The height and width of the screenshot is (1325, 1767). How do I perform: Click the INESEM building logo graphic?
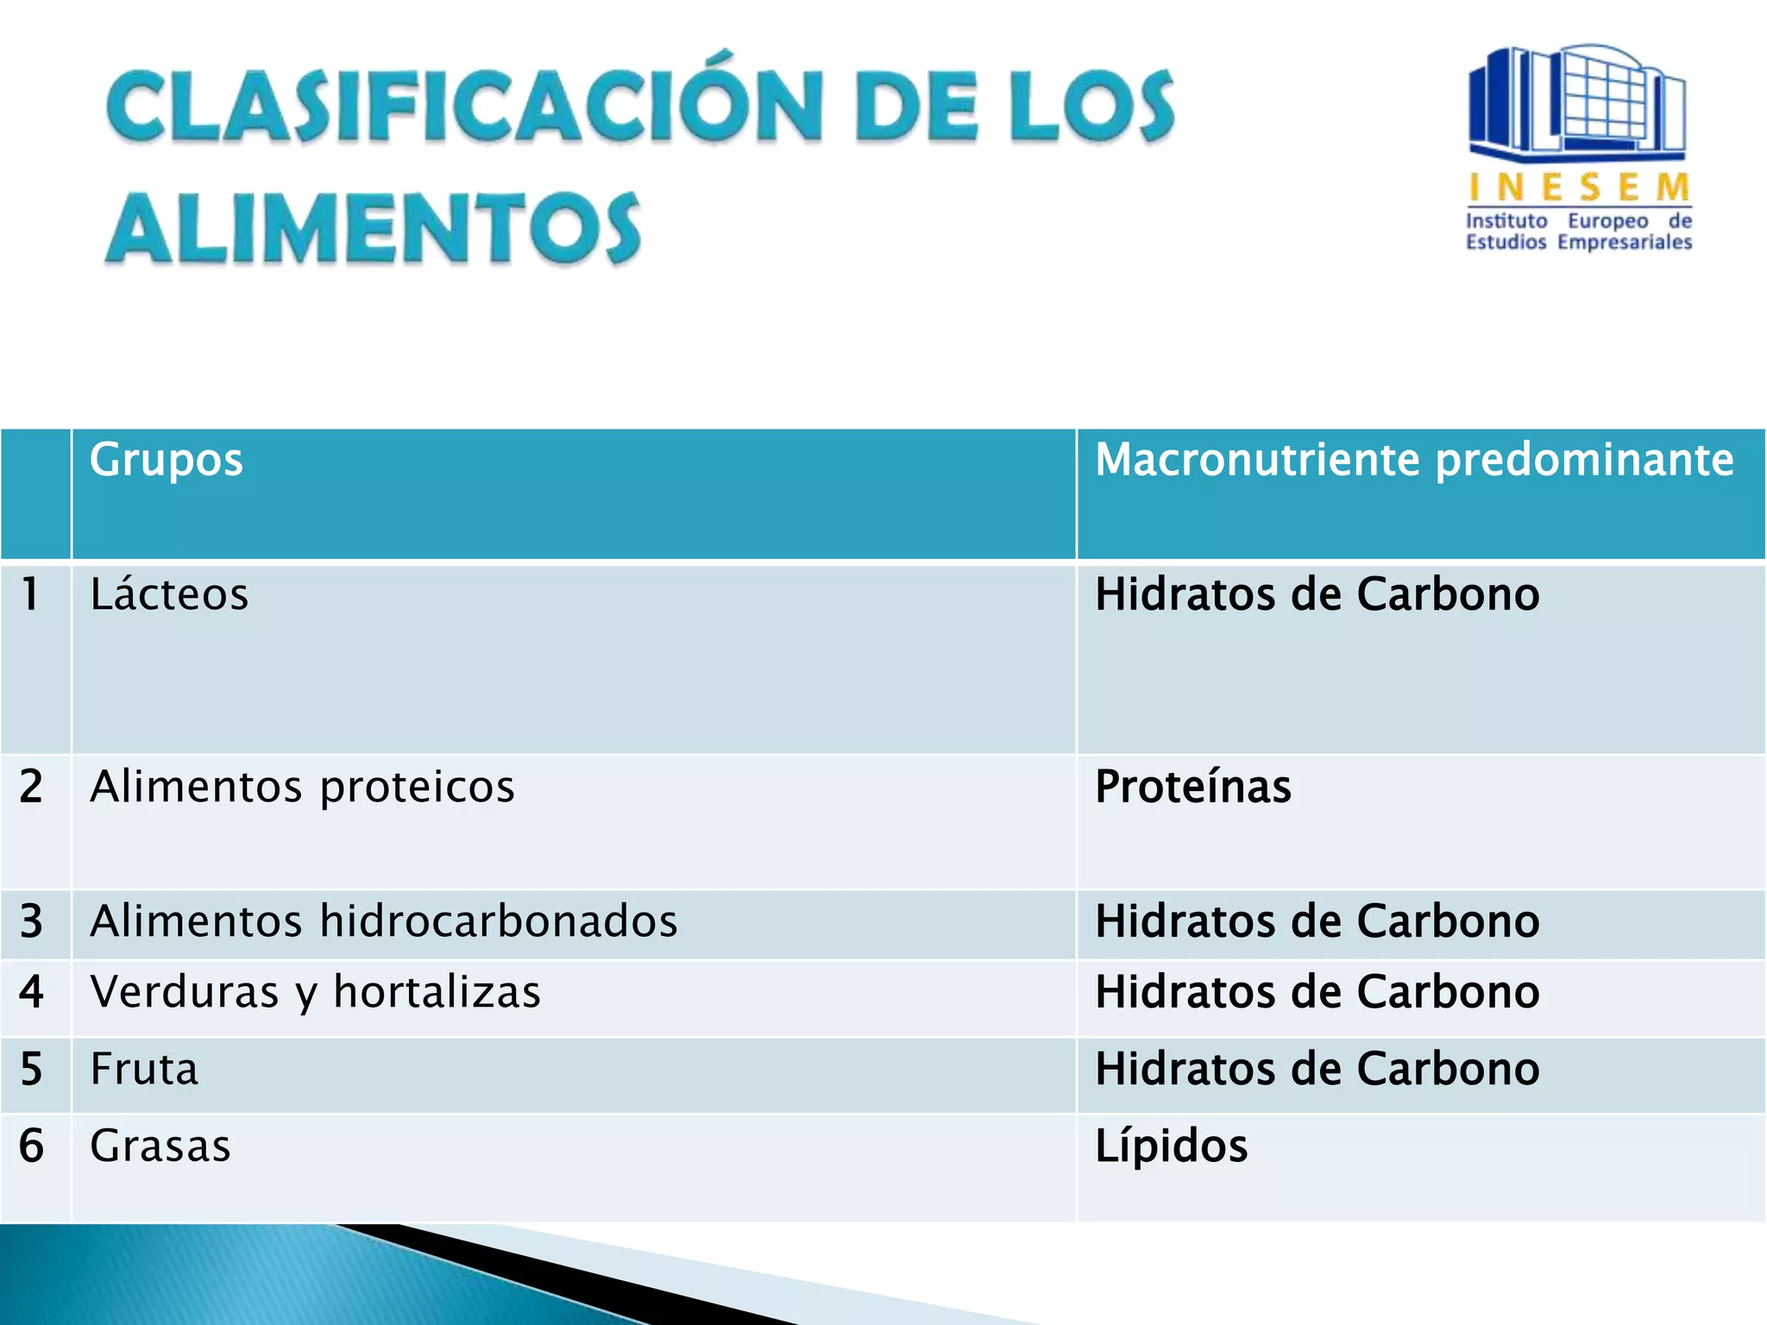pos(1577,102)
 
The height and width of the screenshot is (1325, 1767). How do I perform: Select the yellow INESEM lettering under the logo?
pos(1579,187)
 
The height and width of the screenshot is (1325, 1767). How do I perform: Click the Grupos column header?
pos(167,460)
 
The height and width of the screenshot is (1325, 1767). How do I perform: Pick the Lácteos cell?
pos(170,595)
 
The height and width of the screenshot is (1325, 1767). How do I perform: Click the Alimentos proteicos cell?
pos(302,787)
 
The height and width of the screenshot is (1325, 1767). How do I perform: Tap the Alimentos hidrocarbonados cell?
pos(383,921)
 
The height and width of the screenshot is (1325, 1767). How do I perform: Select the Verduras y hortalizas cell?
pos(315,992)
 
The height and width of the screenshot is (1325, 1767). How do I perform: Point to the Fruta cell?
pos(144,1070)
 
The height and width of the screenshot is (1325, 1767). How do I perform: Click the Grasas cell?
pos(160,1146)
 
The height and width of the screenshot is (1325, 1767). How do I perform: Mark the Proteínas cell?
pos(1192,787)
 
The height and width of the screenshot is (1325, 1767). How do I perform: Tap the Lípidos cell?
pos(1171,1146)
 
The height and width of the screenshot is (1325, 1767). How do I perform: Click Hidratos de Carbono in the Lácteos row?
pos(1317,595)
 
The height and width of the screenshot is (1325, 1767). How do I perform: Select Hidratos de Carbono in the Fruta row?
pos(1317,1070)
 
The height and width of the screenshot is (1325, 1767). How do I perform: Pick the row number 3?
pos(31,921)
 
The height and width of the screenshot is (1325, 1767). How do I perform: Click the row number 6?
pos(31,1146)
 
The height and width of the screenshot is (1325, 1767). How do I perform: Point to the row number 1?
pos(31,595)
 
